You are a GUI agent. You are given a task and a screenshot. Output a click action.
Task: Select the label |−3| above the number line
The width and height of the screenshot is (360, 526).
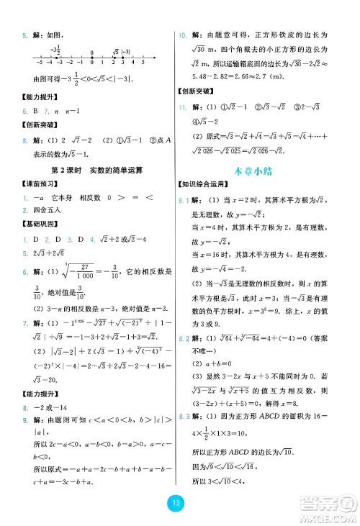pyautogui.click(x=127, y=52)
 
